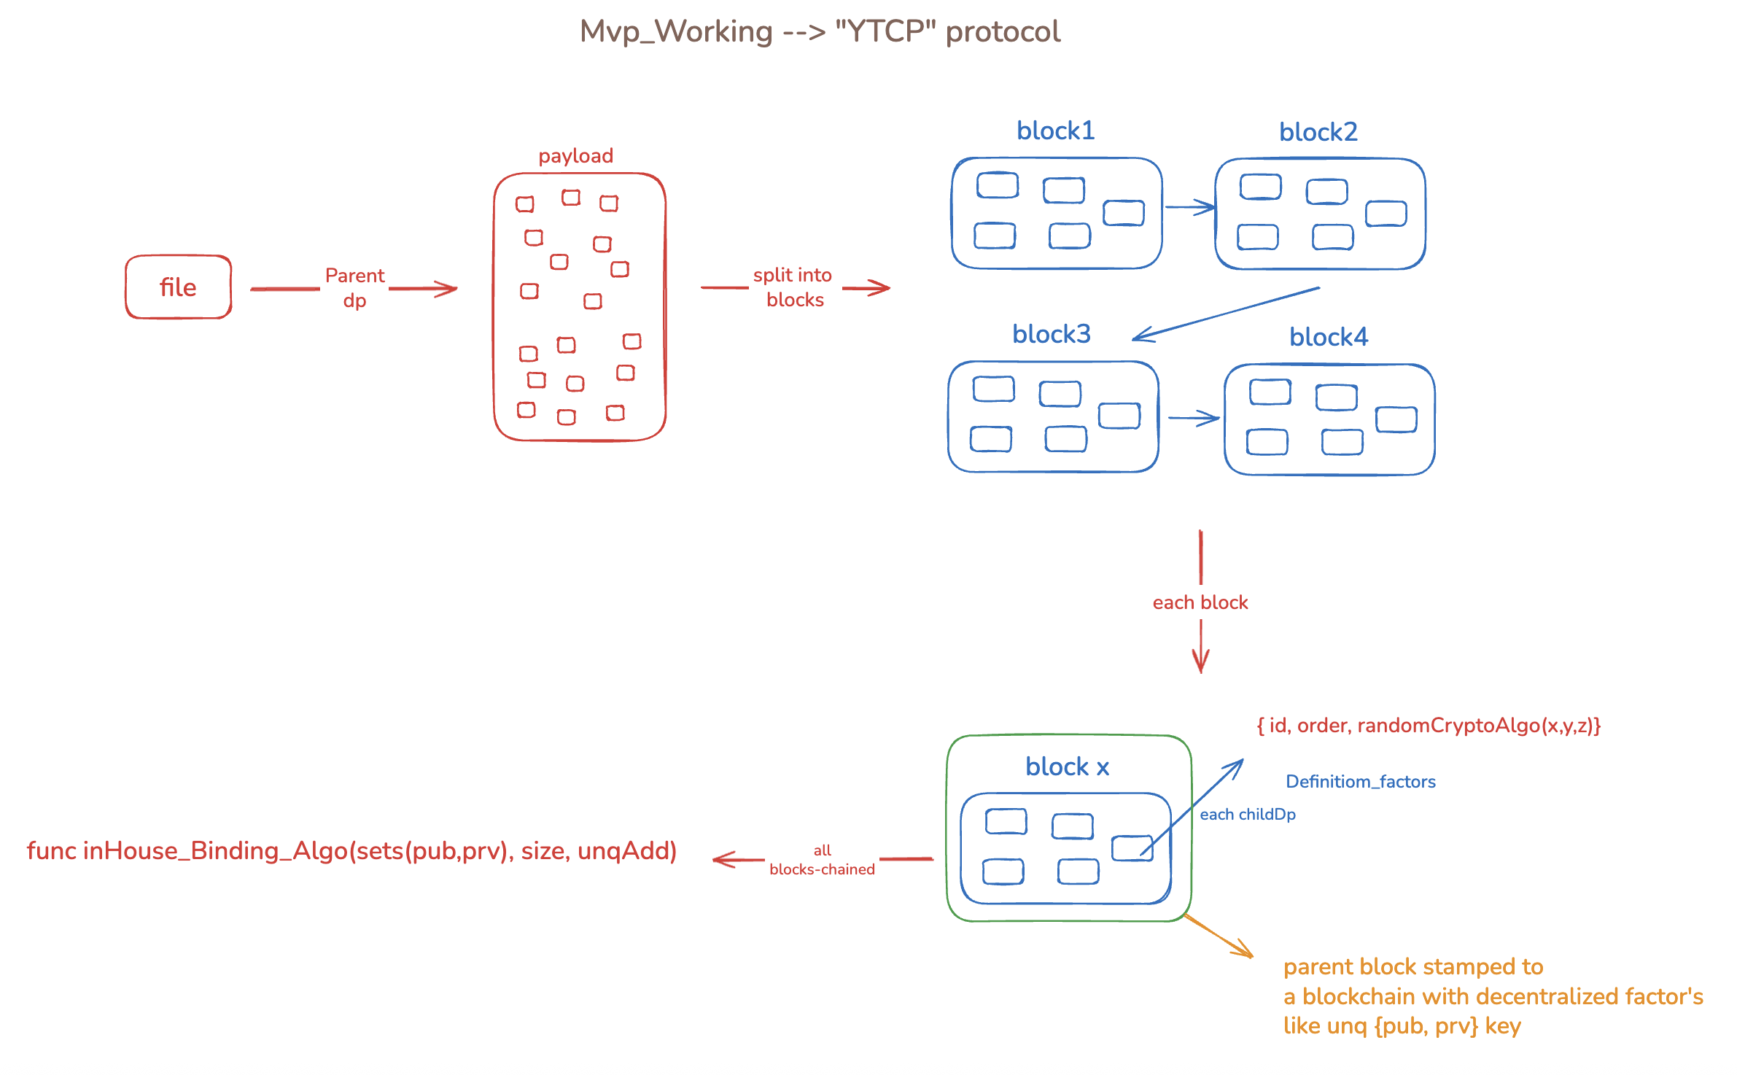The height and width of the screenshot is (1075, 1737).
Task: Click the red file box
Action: (x=179, y=287)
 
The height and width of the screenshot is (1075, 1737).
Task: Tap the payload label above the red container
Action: (x=576, y=156)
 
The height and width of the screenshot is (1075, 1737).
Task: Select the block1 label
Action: (x=1056, y=131)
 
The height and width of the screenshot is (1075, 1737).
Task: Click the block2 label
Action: (x=1318, y=132)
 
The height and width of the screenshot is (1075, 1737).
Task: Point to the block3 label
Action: (x=1052, y=334)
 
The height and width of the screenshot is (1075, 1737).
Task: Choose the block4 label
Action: (x=1329, y=337)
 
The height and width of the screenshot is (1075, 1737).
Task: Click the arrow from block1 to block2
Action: (x=1190, y=207)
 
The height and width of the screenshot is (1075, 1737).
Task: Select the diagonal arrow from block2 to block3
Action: (x=1226, y=314)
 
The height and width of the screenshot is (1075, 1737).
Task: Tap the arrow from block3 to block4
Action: (x=1194, y=418)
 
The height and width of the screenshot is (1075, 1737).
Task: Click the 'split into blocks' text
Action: (x=793, y=287)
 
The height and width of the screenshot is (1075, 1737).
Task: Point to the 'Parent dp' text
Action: (x=355, y=288)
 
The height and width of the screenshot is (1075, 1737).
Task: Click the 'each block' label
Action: (x=1200, y=602)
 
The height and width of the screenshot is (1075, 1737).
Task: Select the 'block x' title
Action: (x=1068, y=767)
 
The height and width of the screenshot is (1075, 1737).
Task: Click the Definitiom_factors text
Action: (x=1361, y=782)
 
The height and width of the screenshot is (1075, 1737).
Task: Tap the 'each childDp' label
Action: (x=1248, y=815)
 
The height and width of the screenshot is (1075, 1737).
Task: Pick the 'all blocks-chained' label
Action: (x=823, y=860)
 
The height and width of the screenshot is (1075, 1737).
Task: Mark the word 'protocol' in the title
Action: (x=1003, y=31)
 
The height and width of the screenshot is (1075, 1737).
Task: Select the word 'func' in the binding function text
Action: (x=51, y=850)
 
